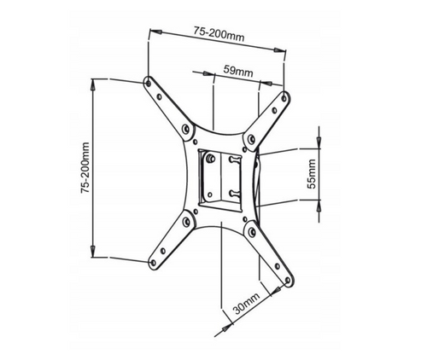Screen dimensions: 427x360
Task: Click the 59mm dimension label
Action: pyautogui.click(x=238, y=71)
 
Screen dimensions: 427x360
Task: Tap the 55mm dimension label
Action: pyautogui.click(x=312, y=174)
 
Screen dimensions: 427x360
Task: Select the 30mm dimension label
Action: pyautogui.click(x=247, y=303)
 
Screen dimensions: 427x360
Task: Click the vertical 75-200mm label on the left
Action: pyautogui.click(x=85, y=168)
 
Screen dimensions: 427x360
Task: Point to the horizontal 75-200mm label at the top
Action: pyautogui.click(x=219, y=33)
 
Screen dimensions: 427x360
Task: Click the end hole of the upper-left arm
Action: pyautogui.click(x=148, y=83)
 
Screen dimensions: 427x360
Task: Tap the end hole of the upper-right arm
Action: pyautogui.click(x=284, y=98)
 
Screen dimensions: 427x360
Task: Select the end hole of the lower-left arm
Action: pyautogui.click(x=153, y=263)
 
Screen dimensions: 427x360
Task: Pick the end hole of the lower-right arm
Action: pyautogui.click(x=288, y=281)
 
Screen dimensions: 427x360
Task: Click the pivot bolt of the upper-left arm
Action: pyautogui.click(x=186, y=130)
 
